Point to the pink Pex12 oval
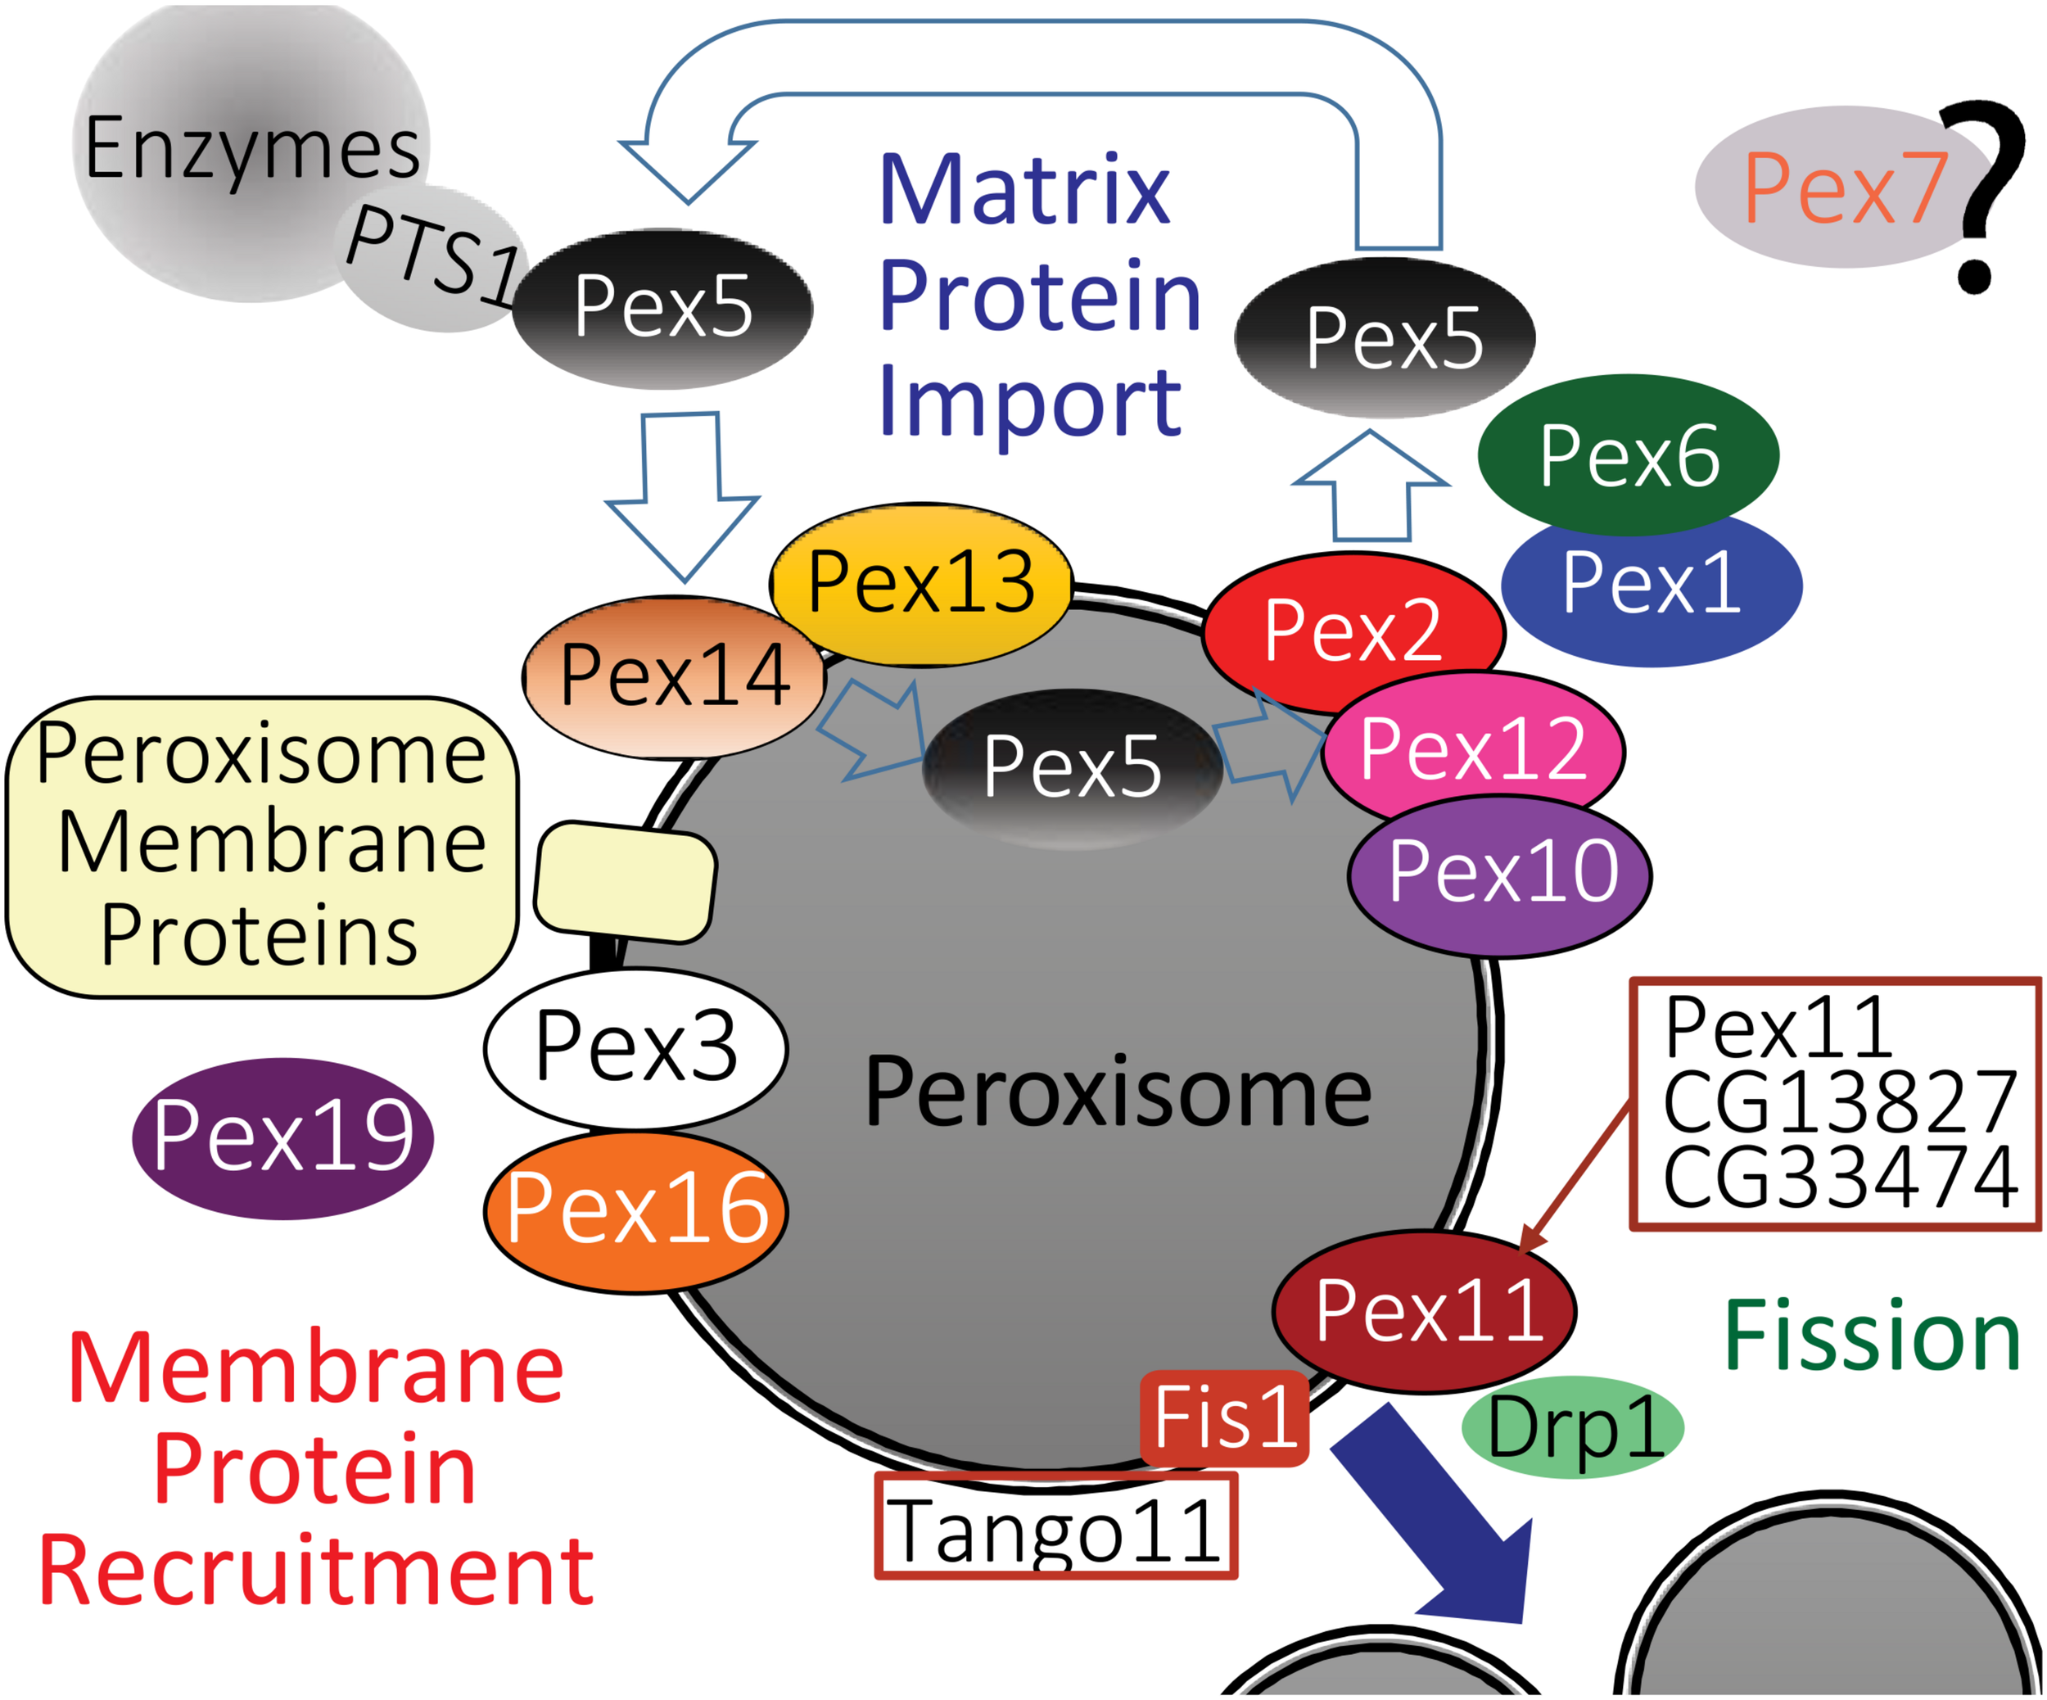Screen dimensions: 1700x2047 click(1473, 748)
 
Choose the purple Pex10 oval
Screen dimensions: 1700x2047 click(1501, 872)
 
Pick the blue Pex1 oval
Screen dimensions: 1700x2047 click(1652, 585)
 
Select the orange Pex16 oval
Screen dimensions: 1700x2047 click(635, 1210)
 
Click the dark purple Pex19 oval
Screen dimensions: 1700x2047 click(282, 1137)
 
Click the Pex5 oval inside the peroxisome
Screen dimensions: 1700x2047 click(1073, 767)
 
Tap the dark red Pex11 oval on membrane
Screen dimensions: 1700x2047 click(1425, 1312)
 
